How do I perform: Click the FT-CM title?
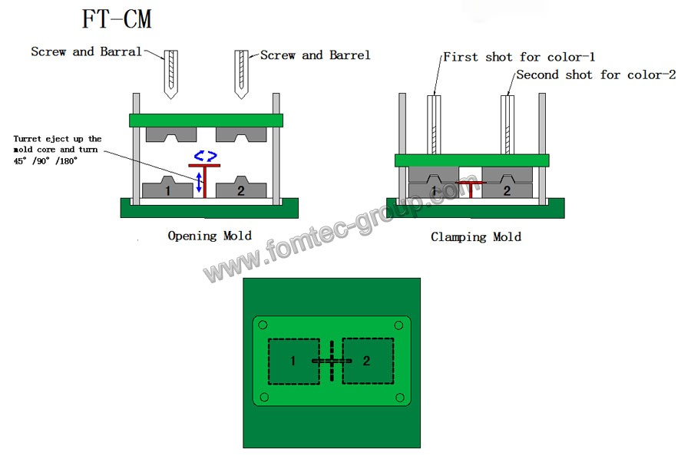click(x=117, y=19)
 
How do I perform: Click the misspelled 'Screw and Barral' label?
click(x=86, y=52)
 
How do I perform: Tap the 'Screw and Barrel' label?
click(x=316, y=55)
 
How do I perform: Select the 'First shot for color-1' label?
click(x=519, y=57)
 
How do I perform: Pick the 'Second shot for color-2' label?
click(x=596, y=75)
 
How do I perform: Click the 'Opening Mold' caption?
click(x=210, y=236)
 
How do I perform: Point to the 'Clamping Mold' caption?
click(x=475, y=237)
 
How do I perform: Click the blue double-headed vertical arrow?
click(x=199, y=183)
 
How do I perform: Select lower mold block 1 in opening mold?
click(x=167, y=188)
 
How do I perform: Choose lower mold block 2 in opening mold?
click(x=241, y=188)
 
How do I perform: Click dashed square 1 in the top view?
click(x=293, y=361)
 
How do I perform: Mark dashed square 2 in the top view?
click(x=367, y=361)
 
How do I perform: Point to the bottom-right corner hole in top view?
click(x=399, y=397)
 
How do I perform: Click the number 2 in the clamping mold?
click(x=507, y=190)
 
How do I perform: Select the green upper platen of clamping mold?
click(x=471, y=160)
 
